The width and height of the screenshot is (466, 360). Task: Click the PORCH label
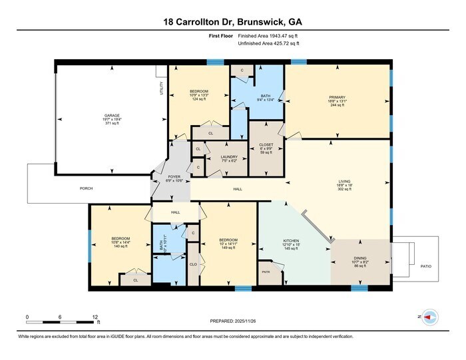pos(87,189)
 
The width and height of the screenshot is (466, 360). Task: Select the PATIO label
pos(426,266)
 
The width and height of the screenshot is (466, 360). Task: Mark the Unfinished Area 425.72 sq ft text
pos(269,43)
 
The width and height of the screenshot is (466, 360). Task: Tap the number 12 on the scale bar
pos(95,317)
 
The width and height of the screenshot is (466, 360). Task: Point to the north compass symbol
pos(429,317)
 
